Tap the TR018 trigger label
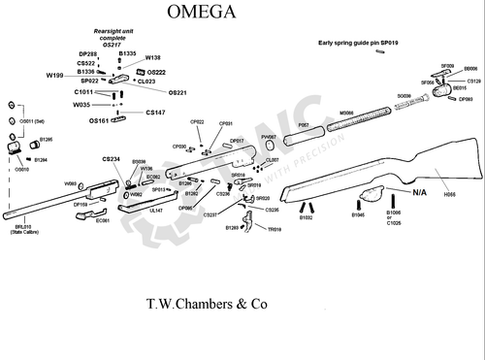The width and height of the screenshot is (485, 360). click(274, 230)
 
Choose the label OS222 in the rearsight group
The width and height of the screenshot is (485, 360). click(156, 72)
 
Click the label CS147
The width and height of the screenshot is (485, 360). click(155, 113)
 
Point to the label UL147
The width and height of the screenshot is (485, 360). click(156, 209)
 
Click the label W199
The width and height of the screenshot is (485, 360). click(55, 75)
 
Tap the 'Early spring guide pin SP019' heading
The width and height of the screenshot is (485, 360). click(358, 44)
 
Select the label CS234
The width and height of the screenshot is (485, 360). click(112, 158)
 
